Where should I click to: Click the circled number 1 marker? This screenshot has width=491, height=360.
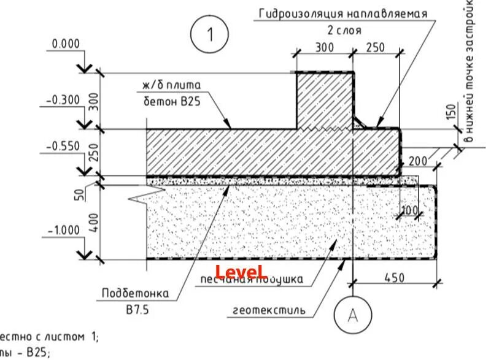pos(209,34)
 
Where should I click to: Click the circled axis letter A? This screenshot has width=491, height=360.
pos(352,315)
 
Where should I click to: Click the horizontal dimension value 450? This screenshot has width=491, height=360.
pos(393,277)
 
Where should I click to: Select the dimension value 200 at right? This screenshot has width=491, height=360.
pos(418,161)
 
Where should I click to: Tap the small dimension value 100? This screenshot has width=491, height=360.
pos(409,211)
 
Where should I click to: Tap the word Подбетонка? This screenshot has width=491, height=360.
pos(136,293)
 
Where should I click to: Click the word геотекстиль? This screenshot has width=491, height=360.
pos(269,310)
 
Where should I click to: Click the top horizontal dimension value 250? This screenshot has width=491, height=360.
pos(375,47)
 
